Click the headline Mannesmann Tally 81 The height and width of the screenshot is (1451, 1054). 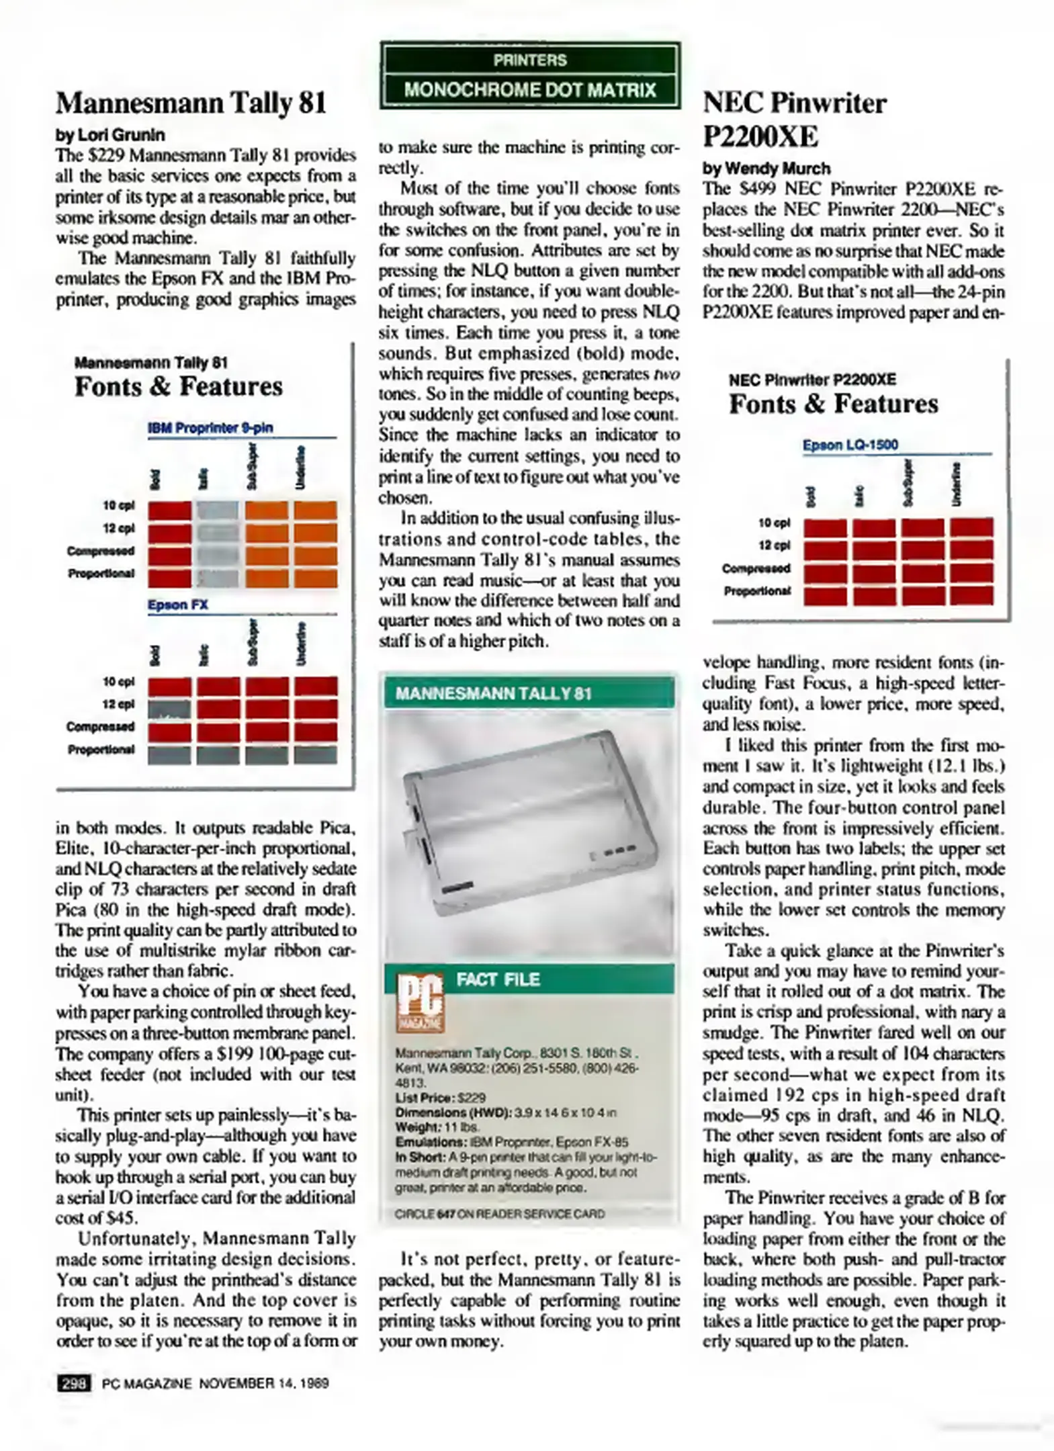pos(191,103)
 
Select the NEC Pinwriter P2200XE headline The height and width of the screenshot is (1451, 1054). pos(794,120)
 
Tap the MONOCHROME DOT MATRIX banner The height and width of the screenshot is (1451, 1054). pos(529,90)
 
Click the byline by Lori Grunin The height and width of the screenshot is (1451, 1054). pos(110,135)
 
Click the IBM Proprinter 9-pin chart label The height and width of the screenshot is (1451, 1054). pos(210,428)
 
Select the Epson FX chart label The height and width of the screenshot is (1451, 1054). pos(177,605)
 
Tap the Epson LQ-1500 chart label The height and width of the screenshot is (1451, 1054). pos(850,445)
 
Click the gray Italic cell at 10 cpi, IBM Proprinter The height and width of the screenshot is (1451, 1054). pos(218,511)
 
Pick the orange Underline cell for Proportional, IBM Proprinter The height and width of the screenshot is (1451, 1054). pos(315,578)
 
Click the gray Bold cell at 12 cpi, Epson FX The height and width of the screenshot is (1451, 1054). pos(169,709)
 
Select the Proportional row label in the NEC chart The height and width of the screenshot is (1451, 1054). pos(756,591)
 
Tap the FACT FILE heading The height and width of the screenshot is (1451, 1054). pos(498,979)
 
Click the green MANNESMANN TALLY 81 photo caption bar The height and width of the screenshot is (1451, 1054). pos(529,693)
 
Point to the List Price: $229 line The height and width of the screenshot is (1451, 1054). pos(440,1098)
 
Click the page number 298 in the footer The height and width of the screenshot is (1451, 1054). pos(74,1383)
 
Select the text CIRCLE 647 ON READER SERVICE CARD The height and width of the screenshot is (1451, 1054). pos(499,1214)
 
